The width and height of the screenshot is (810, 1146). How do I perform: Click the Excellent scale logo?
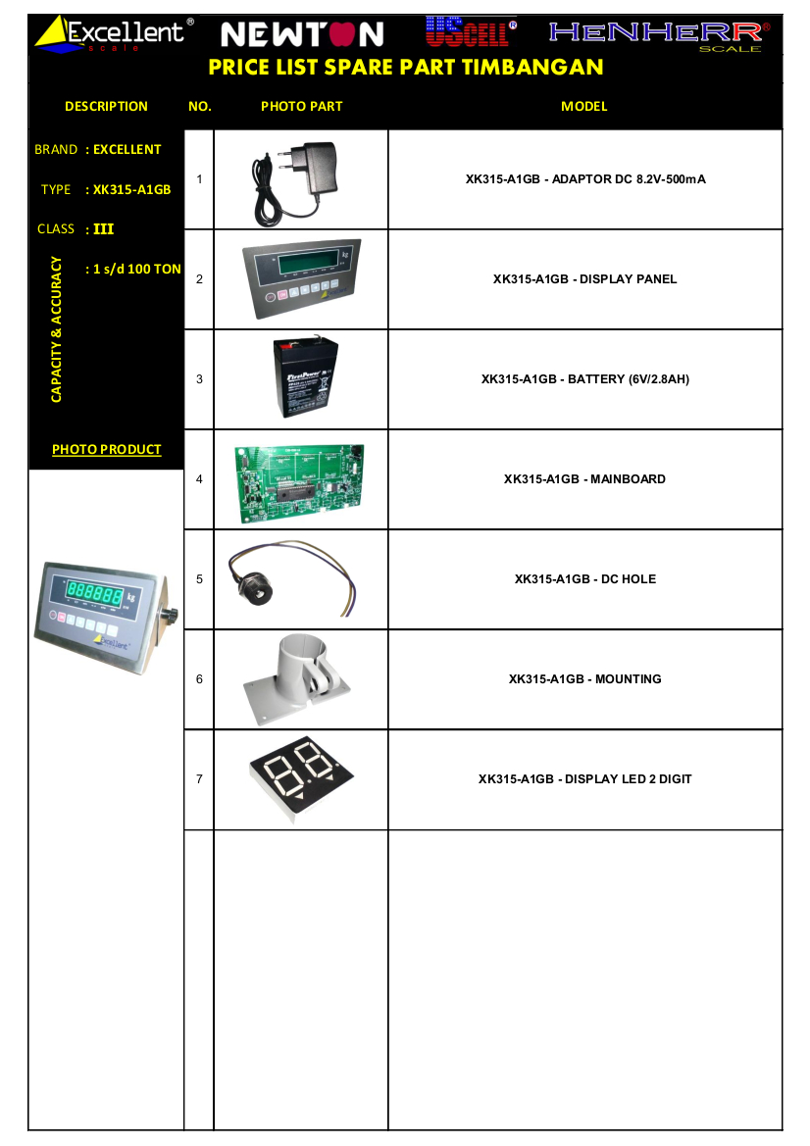tap(114, 34)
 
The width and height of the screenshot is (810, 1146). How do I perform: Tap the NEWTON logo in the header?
tap(302, 34)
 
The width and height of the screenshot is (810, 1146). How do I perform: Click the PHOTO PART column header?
tap(301, 106)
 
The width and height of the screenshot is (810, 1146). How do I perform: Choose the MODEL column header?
tap(584, 106)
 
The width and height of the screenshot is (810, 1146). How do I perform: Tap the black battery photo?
tap(306, 377)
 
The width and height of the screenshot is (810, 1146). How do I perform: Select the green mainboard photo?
tap(300, 483)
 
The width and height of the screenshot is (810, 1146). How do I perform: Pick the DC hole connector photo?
tap(291, 578)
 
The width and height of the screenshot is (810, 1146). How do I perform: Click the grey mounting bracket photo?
tap(296, 679)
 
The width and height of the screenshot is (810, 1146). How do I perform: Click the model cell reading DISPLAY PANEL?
tap(584, 279)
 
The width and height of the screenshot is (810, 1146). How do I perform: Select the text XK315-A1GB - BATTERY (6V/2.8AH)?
tap(584, 379)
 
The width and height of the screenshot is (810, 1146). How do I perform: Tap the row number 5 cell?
tap(199, 578)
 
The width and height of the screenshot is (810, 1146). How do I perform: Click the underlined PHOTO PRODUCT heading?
tap(107, 450)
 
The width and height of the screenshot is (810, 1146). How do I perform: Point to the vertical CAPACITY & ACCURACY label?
tap(56, 328)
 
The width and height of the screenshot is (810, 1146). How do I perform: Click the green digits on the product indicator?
tap(94, 592)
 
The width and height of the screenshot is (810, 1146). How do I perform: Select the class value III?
tap(103, 228)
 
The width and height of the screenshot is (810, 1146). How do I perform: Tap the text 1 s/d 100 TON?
tap(136, 269)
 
